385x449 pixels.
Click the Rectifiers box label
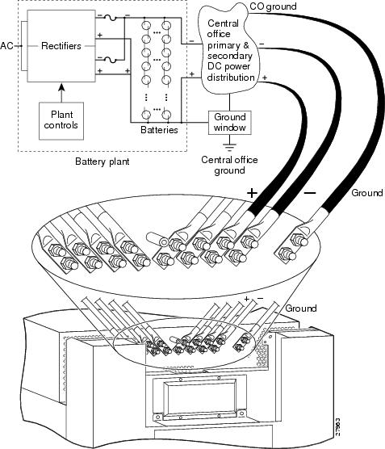pyautogui.click(x=61, y=46)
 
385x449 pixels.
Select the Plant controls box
pyautogui.click(x=61, y=121)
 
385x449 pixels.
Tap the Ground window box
pyautogui.click(x=230, y=123)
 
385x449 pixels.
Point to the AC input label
pyautogui.click(x=7, y=46)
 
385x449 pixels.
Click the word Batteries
pyautogui.click(x=159, y=130)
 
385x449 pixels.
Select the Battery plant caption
pyautogui.click(x=103, y=162)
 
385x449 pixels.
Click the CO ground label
pyautogui.click(x=273, y=6)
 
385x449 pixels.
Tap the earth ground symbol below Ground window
pyautogui.click(x=230, y=146)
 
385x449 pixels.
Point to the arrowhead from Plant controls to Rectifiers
pyautogui.click(x=61, y=87)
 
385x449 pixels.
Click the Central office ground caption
pyautogui.click(x=229, y=165)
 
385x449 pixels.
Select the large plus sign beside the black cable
pyautogui.click(x=252, y=193)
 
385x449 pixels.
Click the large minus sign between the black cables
pyautogui.click(x=310, y=193)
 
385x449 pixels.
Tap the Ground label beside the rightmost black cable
pyautogui.click(x=367, y=193)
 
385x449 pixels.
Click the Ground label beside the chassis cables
pyautogui.click(x=301, y=308)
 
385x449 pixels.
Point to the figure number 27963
pyautogui.click(x=337, y=427)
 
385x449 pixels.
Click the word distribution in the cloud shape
pyautogui.click(x=231, y=78)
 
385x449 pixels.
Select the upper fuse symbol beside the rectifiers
pyautogui.click(x=110, y=18)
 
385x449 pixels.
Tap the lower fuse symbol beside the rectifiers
pyautogui.click(x=110, y=60)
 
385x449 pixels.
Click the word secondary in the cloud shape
pyautogui.click(x=229, y=56)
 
